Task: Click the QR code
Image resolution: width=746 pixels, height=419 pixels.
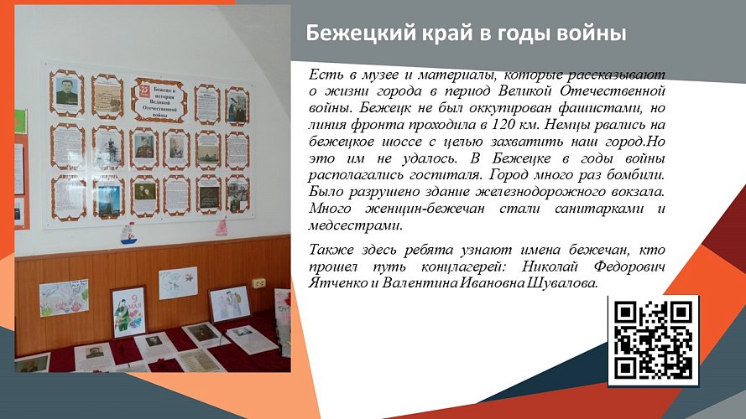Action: point(653,340)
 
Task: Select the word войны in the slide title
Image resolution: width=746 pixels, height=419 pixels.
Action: point(595,34)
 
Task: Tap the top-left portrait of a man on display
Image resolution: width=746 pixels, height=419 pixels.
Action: point(66,95)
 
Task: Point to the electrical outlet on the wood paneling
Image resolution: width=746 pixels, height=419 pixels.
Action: point(260,282)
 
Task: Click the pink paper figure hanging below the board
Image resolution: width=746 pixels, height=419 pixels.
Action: point(221,226)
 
